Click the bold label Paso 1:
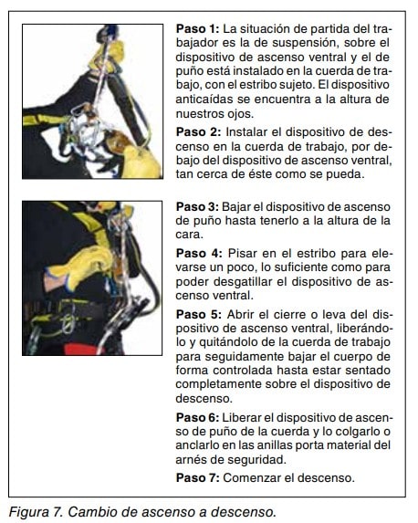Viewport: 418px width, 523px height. tap(197, 29)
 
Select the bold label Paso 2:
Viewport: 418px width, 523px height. tap(198, 132)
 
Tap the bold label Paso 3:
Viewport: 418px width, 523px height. tap(197, 207)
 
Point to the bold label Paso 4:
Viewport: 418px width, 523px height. tap(199, 254)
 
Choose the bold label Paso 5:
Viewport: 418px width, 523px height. tap(198, 315)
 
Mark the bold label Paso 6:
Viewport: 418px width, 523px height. tap(197, 418)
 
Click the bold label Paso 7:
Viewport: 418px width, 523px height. tap(197, 478)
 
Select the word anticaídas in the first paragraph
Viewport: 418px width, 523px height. tap(204, 99)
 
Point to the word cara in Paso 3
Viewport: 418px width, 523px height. tap(189, 235)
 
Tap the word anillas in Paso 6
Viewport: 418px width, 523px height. tap(279, 445)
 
